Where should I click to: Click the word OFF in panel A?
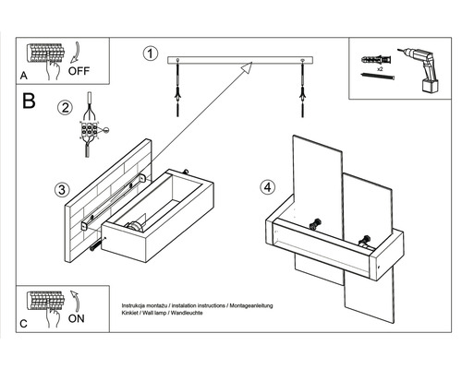click(x=79, y=71)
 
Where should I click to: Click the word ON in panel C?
click(x=76, y=318)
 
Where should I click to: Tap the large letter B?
click(x=29, y=101)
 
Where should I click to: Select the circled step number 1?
click(x=151, y=54)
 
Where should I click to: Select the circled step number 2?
click(x=65, y=108)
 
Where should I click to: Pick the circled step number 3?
click(x=62, y=190)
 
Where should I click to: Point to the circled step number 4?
click(x=267, y=187)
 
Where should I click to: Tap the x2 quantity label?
click(x=380, y=69)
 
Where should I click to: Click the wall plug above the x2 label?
click(x=377, y=59)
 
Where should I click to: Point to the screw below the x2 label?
click(x=378, y=76)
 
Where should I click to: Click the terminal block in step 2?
click(x=90, y=130)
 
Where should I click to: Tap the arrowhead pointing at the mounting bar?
click(x=247, y=67)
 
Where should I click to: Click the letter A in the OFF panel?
click(x=24, y=76)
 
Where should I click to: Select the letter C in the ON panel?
click(x=23, y=324)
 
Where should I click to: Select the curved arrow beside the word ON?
click(x=76, y=302)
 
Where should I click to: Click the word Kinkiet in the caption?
click(x=128, y=313)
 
